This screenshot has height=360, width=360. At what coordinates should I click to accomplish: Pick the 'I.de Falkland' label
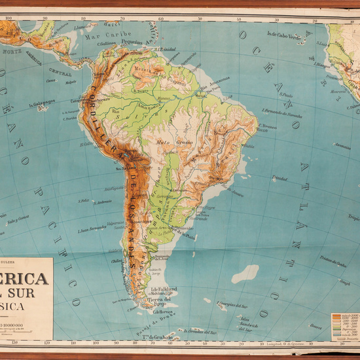[x=166, y=288]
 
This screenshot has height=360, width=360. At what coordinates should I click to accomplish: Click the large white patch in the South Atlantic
[x=245, y=273]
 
